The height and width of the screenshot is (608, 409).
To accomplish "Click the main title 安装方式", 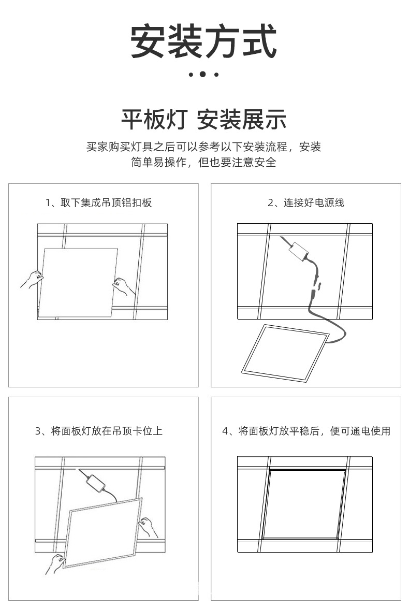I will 203,41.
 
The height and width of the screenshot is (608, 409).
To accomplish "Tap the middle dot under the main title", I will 203,75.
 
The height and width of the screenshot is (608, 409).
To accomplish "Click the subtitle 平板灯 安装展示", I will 203,120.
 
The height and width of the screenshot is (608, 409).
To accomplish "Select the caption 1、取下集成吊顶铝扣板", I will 98,202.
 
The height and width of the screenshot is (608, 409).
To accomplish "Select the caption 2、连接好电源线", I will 305,202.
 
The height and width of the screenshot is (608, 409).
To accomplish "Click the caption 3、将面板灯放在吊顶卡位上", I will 98,431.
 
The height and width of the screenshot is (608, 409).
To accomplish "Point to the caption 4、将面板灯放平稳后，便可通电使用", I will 306,431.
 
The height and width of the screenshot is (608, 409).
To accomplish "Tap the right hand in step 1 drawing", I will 123,285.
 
